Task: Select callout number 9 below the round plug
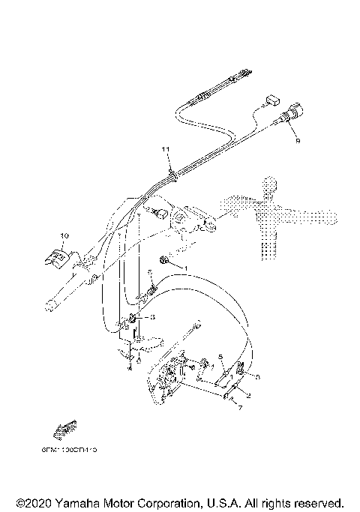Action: (297, 139)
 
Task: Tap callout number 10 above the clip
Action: (64, 236)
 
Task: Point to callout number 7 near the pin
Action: (239, 409)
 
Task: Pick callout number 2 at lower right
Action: (249, 393)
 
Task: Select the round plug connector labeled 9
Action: (289, 120)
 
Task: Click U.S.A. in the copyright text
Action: (227, 502)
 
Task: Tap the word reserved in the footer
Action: (317, 502)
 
